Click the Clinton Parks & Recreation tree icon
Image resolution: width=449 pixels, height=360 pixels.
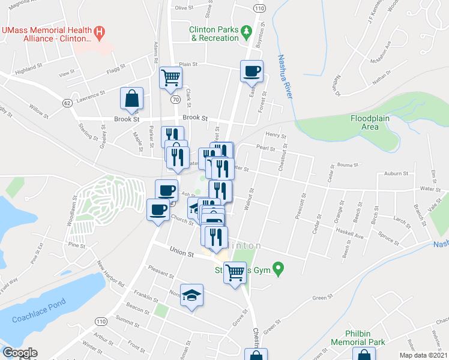246,30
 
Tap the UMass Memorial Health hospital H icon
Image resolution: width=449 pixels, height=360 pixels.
101,31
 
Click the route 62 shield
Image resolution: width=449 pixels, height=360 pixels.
67,103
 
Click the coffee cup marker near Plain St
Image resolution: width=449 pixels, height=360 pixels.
252,71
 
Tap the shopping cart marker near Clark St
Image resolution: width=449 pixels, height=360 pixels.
170,77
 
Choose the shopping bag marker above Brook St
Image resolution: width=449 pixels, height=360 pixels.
131,98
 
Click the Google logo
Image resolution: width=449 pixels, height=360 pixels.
19,353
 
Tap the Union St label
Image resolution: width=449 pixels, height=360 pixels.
181,254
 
